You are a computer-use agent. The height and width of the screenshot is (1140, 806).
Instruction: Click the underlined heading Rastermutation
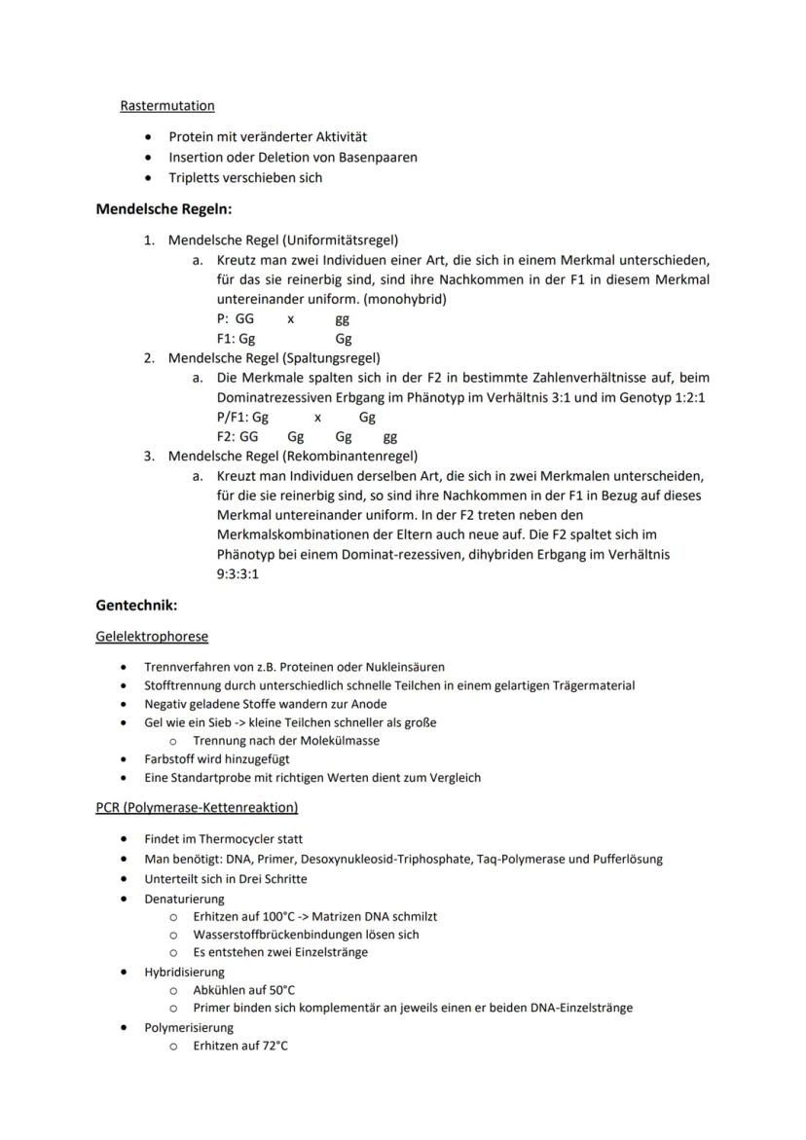point(167,105)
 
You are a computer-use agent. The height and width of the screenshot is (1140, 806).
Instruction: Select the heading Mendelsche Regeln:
point(164,208)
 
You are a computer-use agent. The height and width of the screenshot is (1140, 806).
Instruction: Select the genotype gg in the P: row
point(342,318)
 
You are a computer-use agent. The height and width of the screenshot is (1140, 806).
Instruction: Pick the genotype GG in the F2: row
point(248,437)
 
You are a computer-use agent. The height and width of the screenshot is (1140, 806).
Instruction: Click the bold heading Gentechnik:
point(136,606)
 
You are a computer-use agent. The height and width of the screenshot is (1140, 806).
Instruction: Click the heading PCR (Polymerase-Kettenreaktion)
point(197,807)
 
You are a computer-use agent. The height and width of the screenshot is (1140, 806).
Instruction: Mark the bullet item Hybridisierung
point(184,972)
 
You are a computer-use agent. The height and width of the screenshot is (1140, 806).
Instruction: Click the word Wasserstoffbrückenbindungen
point(281,935)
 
